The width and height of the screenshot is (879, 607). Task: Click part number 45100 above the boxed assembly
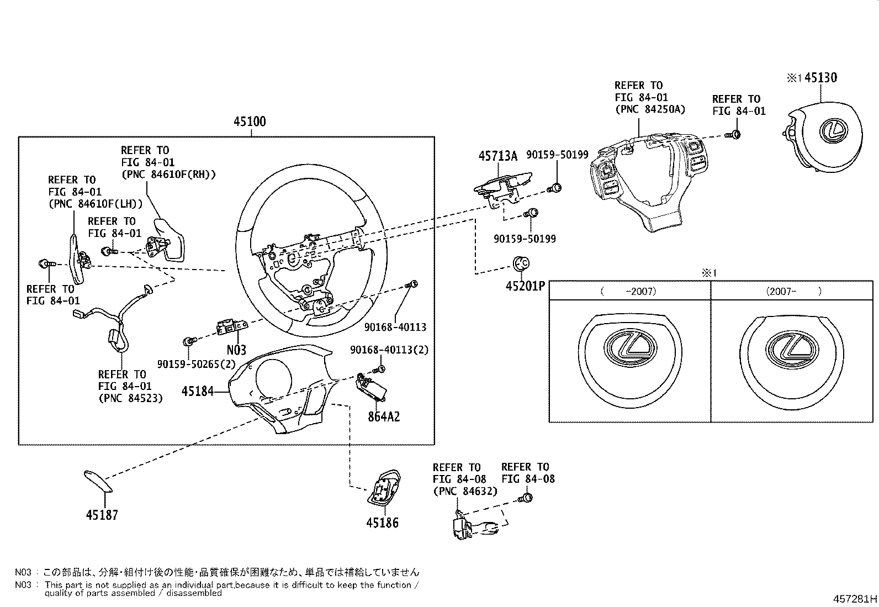250,122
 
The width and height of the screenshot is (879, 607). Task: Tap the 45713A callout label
497,156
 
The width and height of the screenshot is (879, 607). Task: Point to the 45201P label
525,286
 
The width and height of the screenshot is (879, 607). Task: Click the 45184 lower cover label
197,392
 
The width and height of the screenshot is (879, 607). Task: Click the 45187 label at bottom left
102,515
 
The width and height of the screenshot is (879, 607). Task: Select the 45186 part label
382,523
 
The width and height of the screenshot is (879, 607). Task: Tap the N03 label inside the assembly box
236,350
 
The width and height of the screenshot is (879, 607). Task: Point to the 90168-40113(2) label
389,350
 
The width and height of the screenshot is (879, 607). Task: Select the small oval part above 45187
98,480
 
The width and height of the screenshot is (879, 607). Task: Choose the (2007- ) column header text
793,291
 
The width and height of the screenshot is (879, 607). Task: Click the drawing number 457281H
855,599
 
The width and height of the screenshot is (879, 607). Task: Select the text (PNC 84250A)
650,109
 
